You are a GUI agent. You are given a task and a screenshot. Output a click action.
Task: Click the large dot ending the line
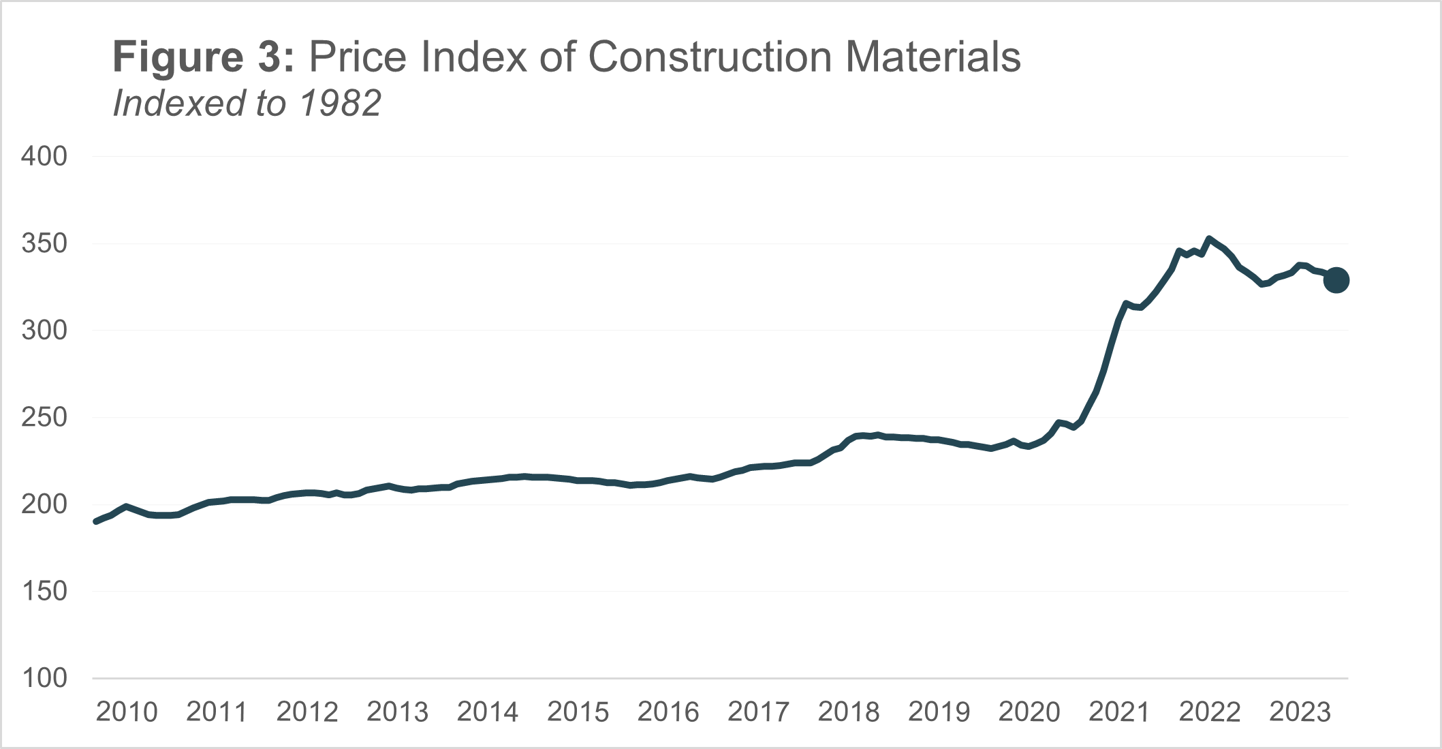[x=1336, y=280]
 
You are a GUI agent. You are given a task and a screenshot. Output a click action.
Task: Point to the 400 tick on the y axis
[x=44, y=157]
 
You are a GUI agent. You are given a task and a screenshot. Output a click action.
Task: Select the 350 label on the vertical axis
[x=44, y=244]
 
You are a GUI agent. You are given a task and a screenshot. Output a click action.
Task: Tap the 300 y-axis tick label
[x=44, y=331]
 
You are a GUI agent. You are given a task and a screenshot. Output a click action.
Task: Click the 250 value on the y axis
[x=44, y=418]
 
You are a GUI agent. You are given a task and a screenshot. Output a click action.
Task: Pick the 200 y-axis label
[x=44, y=505]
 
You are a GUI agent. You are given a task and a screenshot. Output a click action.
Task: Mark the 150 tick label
[x=44, y=592]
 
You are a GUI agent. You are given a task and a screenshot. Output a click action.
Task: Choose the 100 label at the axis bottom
[x=44, y=678]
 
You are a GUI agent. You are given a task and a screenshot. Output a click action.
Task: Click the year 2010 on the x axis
[x=127, y=712]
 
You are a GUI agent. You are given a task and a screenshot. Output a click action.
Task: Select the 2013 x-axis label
[x=398, y=712]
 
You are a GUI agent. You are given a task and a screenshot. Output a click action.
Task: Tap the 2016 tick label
[x=668, y=712]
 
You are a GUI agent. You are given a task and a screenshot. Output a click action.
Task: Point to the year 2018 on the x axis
[x=849, y=712]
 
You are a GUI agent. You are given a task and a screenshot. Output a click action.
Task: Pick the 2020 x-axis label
[x=1029, y=712]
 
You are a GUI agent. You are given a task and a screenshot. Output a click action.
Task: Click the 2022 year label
[x=1210, y=712]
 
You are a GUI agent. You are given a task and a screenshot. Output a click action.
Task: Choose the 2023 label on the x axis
[x=1300, y=712]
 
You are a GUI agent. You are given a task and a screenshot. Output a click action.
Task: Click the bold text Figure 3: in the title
[x=204, y=57]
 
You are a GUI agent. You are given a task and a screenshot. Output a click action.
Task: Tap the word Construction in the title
[x=710, y=57]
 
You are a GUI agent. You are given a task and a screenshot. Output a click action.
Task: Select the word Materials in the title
[x=933, y=57]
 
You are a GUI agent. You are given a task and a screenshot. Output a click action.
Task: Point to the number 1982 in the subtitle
[x=340, y=104]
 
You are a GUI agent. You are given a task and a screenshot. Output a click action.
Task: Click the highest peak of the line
[x=1208, y=239]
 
